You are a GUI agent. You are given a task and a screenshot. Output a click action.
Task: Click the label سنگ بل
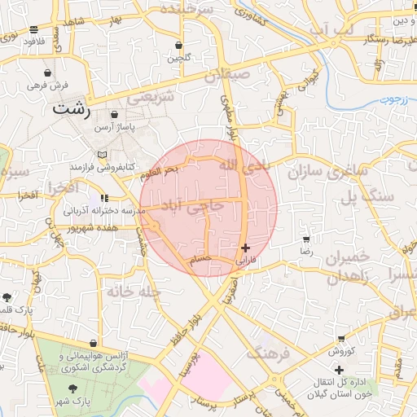coord(367,196)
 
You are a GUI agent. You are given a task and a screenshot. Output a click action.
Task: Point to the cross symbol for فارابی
coord(246,247)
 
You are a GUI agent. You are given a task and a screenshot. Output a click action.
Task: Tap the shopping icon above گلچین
coord(178,45)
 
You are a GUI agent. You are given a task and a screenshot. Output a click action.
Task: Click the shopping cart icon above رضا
coord(305,240)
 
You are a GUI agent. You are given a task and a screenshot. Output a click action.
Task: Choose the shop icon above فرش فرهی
coord(58,72)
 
